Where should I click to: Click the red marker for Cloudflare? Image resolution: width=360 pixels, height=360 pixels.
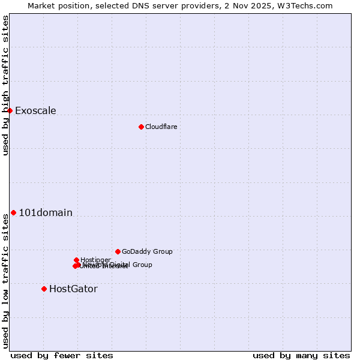141,127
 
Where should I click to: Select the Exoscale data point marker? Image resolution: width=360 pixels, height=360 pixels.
10,110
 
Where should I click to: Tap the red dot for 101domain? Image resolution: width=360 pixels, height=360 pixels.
13,212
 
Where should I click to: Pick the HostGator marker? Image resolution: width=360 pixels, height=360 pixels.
44,289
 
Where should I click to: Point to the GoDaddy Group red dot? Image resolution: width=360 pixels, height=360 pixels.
118,251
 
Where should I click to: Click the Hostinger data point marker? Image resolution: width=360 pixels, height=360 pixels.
76,260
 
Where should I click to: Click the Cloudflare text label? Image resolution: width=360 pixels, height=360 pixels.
161,127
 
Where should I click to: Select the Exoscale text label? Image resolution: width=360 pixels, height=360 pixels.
35,110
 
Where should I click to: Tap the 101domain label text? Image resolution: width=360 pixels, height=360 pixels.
46,212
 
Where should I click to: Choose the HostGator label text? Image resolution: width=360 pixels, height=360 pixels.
73,289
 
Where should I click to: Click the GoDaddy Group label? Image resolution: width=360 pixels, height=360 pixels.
147,251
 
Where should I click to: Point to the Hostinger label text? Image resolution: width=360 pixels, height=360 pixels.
95,260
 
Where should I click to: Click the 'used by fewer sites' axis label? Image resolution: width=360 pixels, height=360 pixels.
62,355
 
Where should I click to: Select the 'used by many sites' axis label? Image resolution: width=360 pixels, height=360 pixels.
301,355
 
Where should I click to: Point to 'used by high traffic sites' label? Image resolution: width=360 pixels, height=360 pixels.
6,85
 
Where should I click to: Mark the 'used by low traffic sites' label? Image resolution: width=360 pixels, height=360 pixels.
6,281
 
